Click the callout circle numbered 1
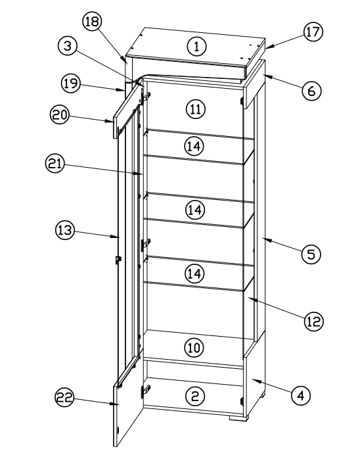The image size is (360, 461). (195, 45)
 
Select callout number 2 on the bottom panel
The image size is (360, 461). (195, 395)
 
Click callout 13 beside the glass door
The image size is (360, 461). (65, 232)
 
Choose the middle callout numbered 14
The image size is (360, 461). (194, 210)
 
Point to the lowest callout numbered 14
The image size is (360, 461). (194, 274)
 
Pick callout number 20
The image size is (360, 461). (60, 115)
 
